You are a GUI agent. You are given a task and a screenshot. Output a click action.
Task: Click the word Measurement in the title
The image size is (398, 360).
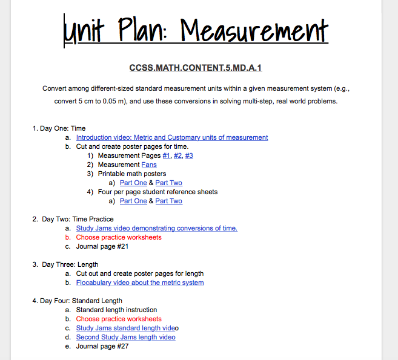point(254,29)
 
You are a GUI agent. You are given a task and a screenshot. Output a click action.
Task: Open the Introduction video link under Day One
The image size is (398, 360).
point(172,137)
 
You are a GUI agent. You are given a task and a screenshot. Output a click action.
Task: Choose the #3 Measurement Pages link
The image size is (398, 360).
point(189,155)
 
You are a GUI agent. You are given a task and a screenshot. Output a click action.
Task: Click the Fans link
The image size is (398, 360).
point(149,165)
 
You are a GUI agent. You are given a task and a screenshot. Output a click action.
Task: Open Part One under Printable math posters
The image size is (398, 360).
point(133,183)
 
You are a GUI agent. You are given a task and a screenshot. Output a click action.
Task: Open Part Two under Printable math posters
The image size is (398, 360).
point(168,183)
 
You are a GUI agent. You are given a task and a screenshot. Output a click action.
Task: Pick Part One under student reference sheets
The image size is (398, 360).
point(133,201)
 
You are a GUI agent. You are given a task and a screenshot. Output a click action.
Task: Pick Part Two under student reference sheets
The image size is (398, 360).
point(168,201)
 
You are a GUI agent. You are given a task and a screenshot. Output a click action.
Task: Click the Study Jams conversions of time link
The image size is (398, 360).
point(156,228)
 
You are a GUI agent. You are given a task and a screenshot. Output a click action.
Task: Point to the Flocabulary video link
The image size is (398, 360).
point(140,283)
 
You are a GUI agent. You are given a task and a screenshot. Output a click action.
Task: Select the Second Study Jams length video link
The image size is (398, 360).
point(125,337)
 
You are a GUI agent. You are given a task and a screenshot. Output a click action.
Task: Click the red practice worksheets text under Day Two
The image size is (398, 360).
point(119,237)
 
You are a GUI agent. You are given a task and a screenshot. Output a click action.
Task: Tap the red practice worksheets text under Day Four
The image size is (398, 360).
point(119,319)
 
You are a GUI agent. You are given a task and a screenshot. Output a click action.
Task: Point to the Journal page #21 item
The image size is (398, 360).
point(102,246)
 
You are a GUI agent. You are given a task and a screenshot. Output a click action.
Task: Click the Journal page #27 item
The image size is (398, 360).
point(102,346)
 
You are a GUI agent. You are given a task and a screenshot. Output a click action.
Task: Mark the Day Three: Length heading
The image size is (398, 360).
point(70,264)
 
